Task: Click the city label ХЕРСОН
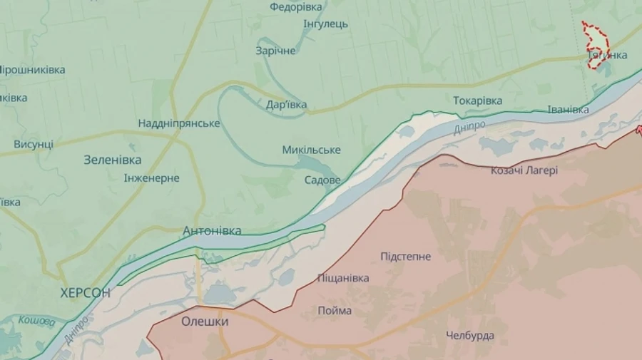(86, 292)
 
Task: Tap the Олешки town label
(205, 322)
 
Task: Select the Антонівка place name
(212, 230)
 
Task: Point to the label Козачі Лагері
(524, 170)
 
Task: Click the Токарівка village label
(477, 101)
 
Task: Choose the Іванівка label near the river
(568, 110)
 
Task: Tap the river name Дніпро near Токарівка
(469, 128)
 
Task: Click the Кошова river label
(36, 322)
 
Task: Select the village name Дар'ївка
(286, 105)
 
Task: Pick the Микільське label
(311, 150)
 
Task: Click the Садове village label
(322, 180)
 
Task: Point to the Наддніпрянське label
(179, 123)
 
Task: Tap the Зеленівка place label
(112, 160)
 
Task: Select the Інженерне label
(151, 178)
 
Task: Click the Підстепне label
(405, 257)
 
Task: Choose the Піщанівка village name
(343, 278)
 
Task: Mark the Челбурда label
(470, 335)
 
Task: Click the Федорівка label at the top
(295, 7)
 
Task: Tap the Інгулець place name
(325, 24)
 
